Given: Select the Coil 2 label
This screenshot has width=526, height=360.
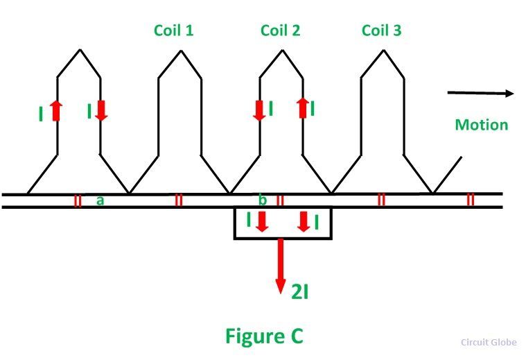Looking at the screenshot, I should [280, 31].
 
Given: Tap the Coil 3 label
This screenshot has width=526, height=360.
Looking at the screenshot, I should [381, 31].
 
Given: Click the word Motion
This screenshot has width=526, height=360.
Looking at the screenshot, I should [481, 125].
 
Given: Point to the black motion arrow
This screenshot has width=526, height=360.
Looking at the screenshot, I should [480, 93].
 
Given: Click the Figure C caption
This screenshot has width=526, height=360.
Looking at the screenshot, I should [264, 336].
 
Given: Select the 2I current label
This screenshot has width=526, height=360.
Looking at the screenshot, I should [300, 291].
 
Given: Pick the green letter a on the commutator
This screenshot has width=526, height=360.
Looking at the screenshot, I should [100, 200].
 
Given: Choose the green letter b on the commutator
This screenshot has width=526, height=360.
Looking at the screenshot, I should [263, 200].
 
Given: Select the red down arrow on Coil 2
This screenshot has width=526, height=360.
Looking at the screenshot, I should [259, 110].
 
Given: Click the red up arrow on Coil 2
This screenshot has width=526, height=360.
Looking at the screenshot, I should [302, 108].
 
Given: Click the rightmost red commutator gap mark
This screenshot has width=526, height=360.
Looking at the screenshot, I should [471, 200].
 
